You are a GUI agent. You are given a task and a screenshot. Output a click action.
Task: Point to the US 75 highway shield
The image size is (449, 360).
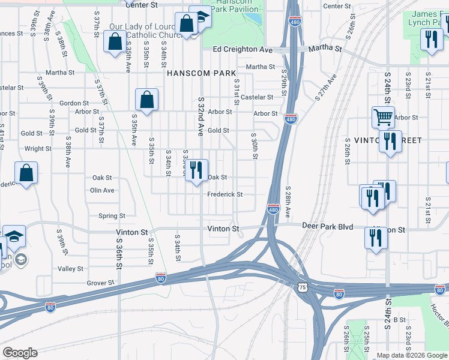(303, 287)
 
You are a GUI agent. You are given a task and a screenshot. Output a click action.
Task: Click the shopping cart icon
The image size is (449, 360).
(383, 117)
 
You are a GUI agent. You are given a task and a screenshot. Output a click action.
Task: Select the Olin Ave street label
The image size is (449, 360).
(102, 190)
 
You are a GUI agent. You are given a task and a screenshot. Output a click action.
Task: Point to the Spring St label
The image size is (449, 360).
(112, 216)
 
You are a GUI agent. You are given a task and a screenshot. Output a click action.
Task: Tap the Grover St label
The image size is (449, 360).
(100, 283)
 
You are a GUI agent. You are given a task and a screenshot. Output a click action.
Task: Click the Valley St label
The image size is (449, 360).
(70, 269)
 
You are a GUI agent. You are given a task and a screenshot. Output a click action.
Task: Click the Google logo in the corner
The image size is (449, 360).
(20, 353)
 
